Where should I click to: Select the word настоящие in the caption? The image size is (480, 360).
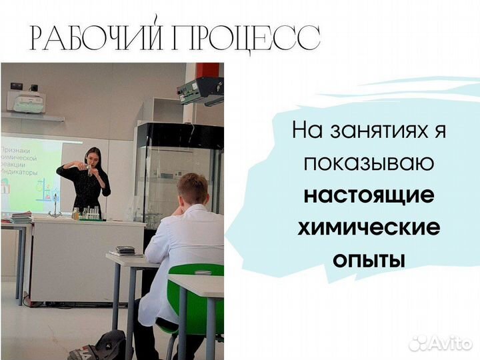point(369,196)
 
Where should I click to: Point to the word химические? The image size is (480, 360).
point(369,228)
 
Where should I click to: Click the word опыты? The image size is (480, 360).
point(369,260)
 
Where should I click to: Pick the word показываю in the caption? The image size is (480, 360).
point(369,163)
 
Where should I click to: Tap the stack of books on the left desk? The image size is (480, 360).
point(21,217)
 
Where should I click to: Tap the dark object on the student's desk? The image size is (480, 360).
point(125,250)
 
